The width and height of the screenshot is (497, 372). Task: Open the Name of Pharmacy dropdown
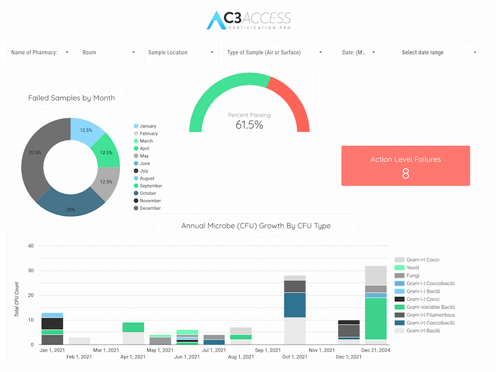coord(40,52)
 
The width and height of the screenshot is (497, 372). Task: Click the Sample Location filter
coord(181,52)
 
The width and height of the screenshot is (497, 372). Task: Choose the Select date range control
coord(440,52)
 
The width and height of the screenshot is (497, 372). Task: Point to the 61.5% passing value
coord(249,125)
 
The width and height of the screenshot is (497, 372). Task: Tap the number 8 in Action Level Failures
coord(406,174)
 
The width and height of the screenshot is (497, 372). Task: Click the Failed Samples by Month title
coord(71,98)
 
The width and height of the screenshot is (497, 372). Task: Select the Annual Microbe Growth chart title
coord(256,225)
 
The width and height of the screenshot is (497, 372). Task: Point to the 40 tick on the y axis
coord(30,246)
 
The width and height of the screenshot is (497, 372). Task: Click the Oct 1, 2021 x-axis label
coord(294,357)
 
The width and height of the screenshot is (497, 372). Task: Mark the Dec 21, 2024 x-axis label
coord(376,350)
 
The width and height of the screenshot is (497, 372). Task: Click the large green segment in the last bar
coord(376,319)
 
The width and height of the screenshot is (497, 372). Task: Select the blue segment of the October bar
coord(294,305)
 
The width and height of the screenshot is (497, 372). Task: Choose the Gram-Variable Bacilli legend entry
coord(425,307)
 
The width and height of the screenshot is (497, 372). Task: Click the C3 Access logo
coord(248,20)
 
